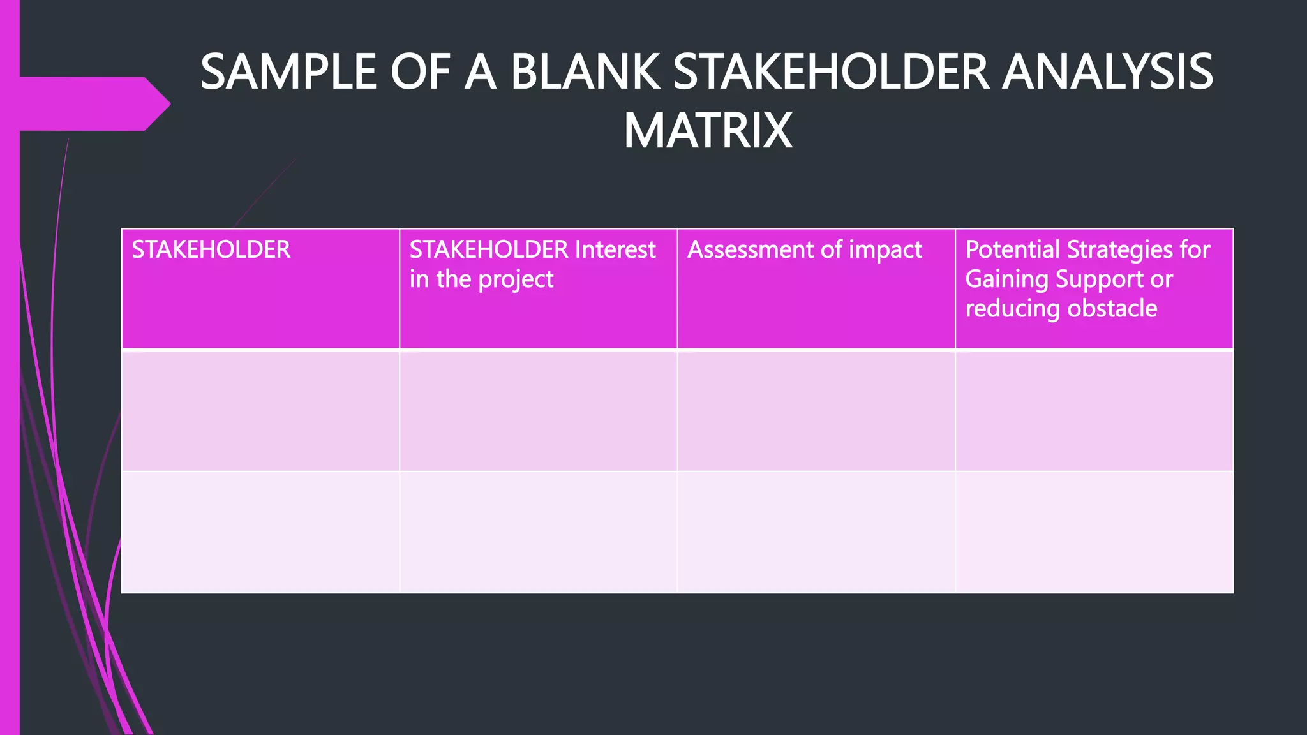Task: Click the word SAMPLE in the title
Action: pyautogui.click(x=289, y=72)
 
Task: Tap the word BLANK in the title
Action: pyautogui.click(x=585, y=72)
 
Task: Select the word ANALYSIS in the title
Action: pyautogui.click(x=1107, y=72)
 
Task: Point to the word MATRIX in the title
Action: pyautogui.click(x=708, y=131)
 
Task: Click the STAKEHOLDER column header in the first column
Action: pyautogui.click(x=211, y=249)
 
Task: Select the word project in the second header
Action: pyautogui.click(x=516, y=279)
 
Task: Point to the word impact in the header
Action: pyautogui.click(x=885, y=249)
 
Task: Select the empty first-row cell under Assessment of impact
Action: pyautogui.click(x=816, y=411)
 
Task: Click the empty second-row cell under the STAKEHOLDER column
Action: pyautogui.click(x=260, y=532)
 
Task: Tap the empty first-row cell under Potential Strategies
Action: pyautogui.click(x=1094, y=411)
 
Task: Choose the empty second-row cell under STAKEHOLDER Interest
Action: pyautogui.click(x=538, y=532)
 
